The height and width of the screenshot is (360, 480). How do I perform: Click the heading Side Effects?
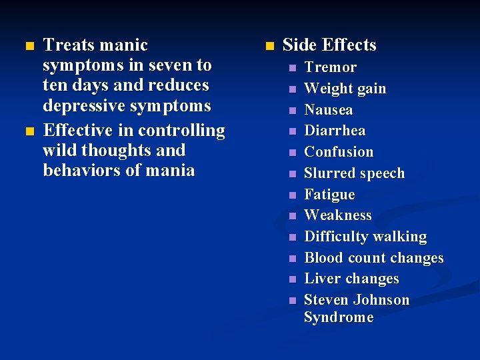(x=329, y=45)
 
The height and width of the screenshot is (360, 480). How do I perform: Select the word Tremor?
(x=330, y=67)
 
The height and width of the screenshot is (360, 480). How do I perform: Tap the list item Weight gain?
(x=345, y=89)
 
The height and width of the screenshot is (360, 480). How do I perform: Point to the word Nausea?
(x=328, y=110)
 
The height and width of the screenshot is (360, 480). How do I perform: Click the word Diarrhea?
(x=335, y=131)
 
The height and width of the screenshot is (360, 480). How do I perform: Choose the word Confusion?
(x=339, y=152)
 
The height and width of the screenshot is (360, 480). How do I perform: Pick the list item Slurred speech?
(x=354, y=173)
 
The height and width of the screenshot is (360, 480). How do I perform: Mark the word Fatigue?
(x=329, y=195)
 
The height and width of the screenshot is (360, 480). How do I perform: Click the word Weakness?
(x=337, y=215)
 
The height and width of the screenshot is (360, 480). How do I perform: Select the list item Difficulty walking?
(x=365, y=237)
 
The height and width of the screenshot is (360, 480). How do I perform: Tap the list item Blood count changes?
(x=373, y=258)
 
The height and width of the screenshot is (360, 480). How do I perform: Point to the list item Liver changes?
(x=351, y=279)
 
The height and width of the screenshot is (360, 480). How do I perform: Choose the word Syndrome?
(x=338, y=317)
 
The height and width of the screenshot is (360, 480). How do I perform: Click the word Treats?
(x=67, y=45)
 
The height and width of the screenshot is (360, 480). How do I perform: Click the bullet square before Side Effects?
(x=269, y=46)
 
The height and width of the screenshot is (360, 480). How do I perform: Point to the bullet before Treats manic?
(x=27, y=46)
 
